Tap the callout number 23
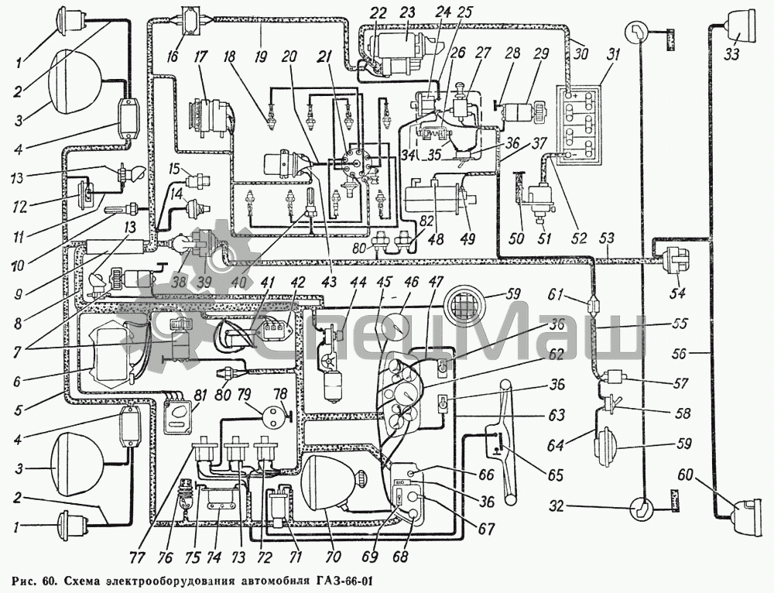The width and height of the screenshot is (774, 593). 406,12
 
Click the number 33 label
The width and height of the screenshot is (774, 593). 731,54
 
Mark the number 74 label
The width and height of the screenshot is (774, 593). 212,556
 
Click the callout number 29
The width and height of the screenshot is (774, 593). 540,54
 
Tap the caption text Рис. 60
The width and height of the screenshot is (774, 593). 36,580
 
